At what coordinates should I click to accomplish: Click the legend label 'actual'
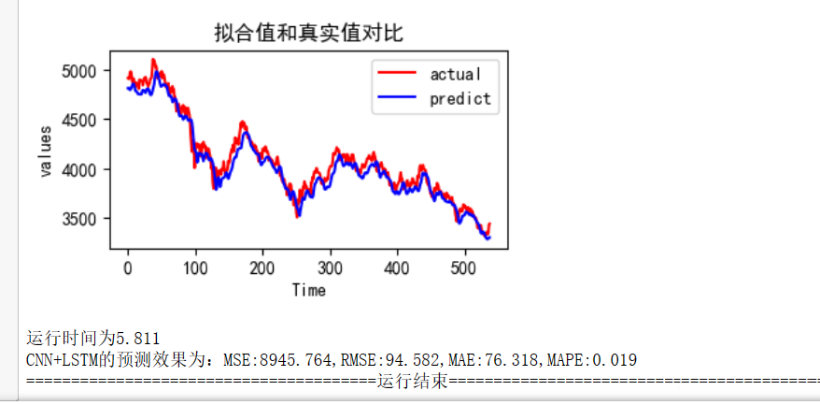(455, 73)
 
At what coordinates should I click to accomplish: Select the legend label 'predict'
(459, 98)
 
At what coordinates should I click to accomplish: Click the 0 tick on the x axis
(128, 266)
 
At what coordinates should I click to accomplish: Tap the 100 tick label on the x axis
(195, 266)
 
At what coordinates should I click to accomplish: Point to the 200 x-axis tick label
(262, 266)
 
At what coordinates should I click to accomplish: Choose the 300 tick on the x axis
(330, 266)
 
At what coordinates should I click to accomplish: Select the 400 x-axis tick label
(397, 266)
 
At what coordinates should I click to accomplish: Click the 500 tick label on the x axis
(464, 266)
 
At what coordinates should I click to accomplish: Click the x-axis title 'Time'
(308, 290)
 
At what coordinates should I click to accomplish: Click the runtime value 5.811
(138, 338)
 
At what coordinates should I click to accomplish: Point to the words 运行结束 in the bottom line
(412, 382)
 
